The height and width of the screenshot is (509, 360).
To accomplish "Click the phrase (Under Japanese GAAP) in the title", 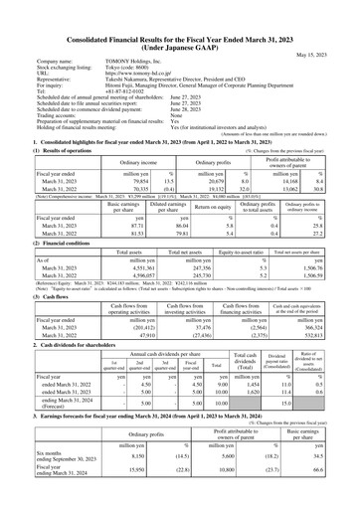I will [x=180, y=17].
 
